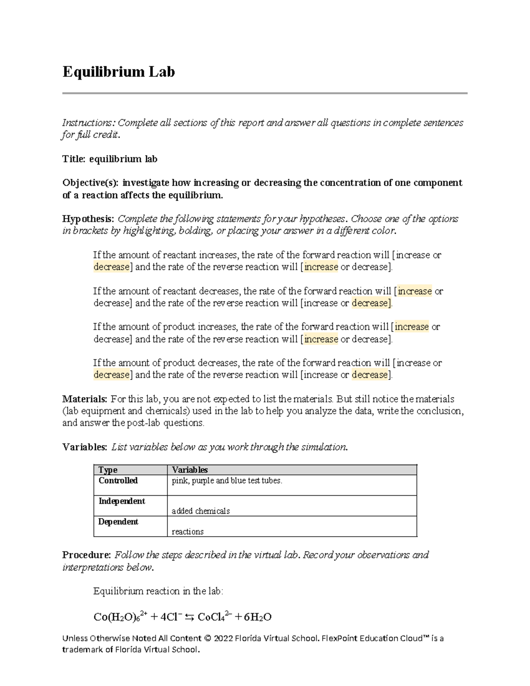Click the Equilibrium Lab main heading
click(x=118, y=72)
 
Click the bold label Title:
click(x=74, y=159)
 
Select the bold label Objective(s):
click(x=90, y=183)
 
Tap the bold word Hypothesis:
click(x=88, y=219)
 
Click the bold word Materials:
click(x=84, y=399)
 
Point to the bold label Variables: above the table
click(x=84, y=447)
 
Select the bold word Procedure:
click(x=86, y=555)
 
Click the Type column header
click(x=108, y=470)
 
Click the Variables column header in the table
click(x=189, y=470)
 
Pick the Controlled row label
click(x=118, y=481)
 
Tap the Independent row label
click(x=121, y=501)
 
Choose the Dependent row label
click(x=118, y=522)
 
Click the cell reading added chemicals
click(x=201, y=511)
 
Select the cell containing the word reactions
click(x=187, y=532)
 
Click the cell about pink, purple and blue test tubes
click(x=227, y=481)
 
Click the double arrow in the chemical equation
click(x=189, y=618)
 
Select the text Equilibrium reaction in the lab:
click(x=158, y=591)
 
